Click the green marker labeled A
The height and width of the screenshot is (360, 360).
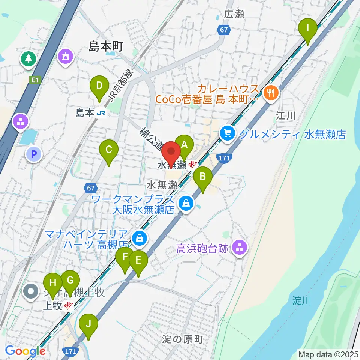(x=184, y=144)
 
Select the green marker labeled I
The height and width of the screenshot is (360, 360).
(x=308, y=28)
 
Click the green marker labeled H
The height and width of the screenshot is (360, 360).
(x=53, y=283)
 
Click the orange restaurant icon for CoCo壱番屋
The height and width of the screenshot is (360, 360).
(x=270, y=92)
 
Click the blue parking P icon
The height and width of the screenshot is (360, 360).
(x=34, y=153)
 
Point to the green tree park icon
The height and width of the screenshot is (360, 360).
(x=28, y=58)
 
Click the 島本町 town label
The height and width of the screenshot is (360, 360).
(x=106, y=46)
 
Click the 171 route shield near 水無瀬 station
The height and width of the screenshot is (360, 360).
(x=223, y=159)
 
